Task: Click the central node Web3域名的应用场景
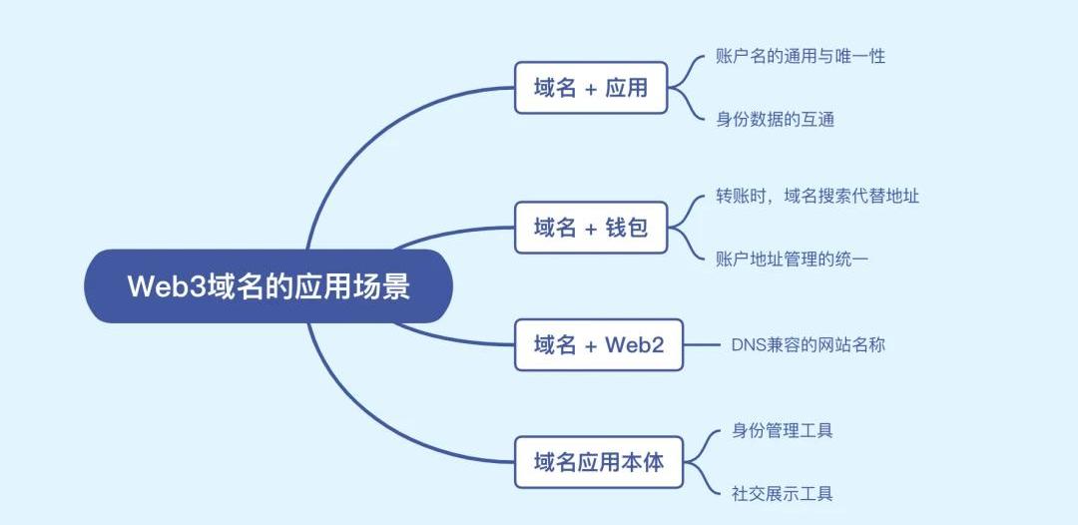[x=268, y=286]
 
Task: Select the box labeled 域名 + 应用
[x=590, y=88]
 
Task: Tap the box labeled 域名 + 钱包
[x=590, y=228]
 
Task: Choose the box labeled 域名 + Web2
[x=598, y=345]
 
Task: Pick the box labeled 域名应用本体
[x=598, y=462]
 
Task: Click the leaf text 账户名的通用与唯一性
[x=801, y=56]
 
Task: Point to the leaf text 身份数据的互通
[x=775, y=120]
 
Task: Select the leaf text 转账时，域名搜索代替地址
[x=816, y=196]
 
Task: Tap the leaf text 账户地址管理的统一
[x=792, y=260]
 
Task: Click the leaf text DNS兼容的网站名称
[x=808, y=345]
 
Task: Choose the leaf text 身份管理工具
[x=783, y=431]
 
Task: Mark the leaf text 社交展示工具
[x=783, y=494]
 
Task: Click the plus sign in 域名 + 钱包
[x=591, y=229]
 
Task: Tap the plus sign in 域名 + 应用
[x=591, y=89]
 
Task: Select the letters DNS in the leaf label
[x=748, y=345]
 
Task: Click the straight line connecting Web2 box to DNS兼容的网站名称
[x=702, y=345]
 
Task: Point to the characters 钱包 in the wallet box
[x=626, y=228]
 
